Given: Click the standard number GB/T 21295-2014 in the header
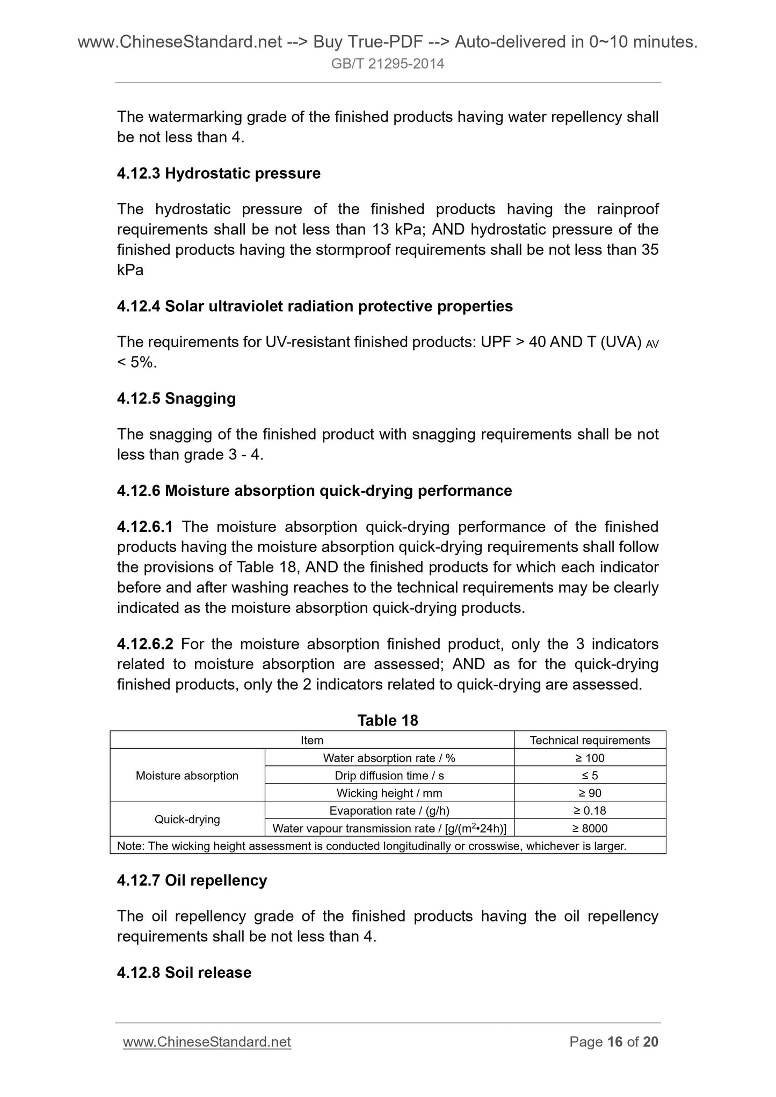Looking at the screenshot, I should tap(388, 64).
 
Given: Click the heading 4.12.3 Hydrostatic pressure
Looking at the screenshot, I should tap(218, 173).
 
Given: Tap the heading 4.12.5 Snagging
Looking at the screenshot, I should tap(176, 398).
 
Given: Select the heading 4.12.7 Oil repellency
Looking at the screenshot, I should tap(192, 880).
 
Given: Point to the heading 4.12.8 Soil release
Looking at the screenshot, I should tap(184, 972).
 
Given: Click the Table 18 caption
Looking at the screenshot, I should tap(388, 720).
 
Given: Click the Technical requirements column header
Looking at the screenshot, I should tap(590, 740).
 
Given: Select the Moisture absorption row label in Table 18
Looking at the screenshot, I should tap(187, 776).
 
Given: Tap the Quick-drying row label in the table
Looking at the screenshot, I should tap(187, 820).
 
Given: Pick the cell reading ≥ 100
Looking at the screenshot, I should tap(590, 758).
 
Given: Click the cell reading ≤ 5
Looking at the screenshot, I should tap(590, 776).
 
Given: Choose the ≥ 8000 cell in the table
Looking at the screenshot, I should tap(590, 828).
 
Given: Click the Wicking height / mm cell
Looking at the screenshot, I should tap(389, 793).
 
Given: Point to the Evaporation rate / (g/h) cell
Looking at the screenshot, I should tap(389, 810).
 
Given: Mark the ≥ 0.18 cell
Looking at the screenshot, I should tap(590, 810).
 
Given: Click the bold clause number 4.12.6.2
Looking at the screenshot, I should tap(145, 644).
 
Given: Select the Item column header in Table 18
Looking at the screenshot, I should tap(312, 740).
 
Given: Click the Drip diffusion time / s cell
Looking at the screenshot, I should tap(389, 776).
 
